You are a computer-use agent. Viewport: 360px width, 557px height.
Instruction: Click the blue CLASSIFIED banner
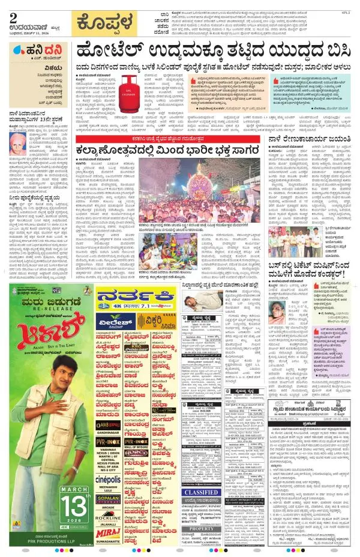coord(202,492)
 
